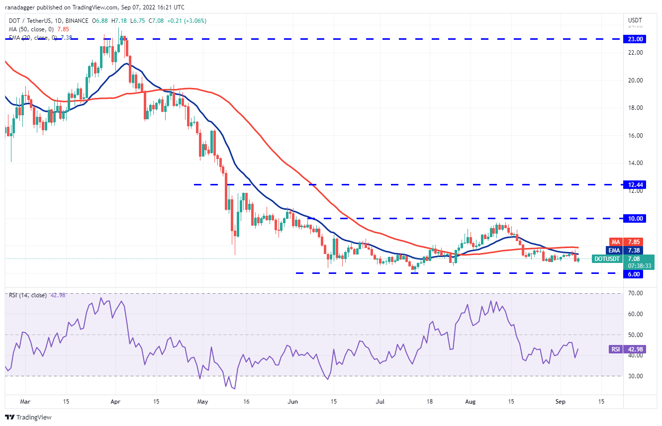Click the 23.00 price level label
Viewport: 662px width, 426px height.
(636, 39)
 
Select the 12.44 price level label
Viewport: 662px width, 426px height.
(636, 184)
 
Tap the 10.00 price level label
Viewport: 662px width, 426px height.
(636, 218)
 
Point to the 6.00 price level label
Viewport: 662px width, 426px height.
(636, 274)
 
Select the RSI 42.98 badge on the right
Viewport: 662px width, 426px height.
(616, 349)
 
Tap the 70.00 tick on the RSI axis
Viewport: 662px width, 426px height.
(636, 293)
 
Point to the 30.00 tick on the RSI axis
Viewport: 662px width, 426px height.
(636, 376)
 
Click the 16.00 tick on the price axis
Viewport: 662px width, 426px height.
(636, 135)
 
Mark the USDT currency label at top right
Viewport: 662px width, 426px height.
(635, 20)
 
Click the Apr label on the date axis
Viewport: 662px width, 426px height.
(115, 401)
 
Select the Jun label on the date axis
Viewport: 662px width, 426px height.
(292, 401)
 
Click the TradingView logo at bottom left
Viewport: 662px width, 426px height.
(28, 417)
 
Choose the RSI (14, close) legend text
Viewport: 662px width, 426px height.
(28, 295)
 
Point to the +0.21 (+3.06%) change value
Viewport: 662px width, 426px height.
(188, 21)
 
